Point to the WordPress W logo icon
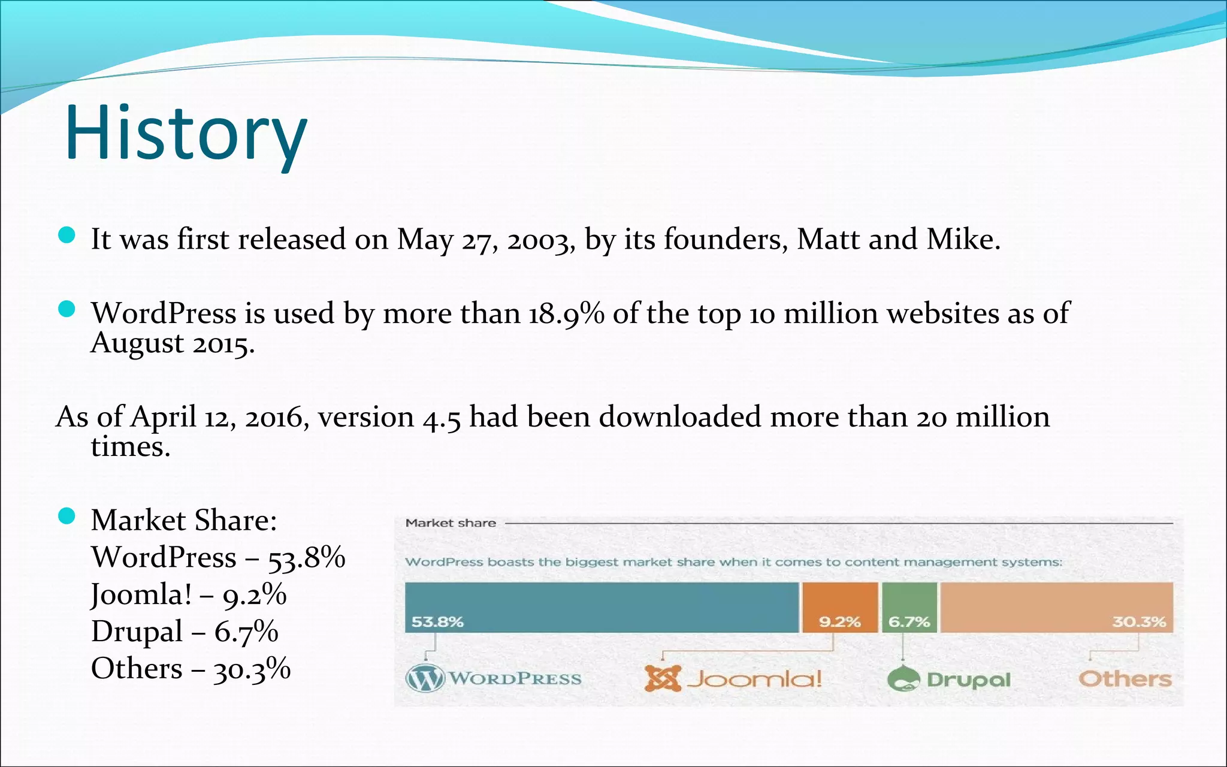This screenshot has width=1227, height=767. pyautogui.click(x=425, y=679)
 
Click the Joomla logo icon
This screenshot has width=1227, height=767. pyautogui.click(x=663, y=679)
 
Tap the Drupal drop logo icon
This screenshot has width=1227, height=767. pyautogui.click(x=903, y=679)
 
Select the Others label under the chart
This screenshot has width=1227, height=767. pyautogui.click(x=1125, y=679)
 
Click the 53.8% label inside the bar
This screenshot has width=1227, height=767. pyautogui.click(x=437, y=622)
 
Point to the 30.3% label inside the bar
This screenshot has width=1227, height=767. pyautogui.click(x=1138, y=622)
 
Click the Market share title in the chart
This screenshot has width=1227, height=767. pyautogui.click(x=451, y=523)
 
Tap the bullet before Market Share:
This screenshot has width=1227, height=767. pyautogui.click(x=67, y=516)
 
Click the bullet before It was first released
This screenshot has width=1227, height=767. pyautogui.click(x=67, y=235)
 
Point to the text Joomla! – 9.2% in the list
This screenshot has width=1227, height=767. pyautogui.click(x=188, y=594)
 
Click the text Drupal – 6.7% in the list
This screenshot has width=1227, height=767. pyautogui.click(x=185, y=632)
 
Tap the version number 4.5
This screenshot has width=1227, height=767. pyautogui.click(x=442, y=418)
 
